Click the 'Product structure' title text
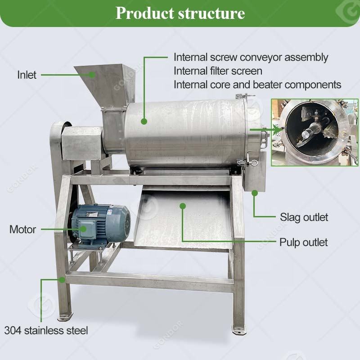(x=180, y=13)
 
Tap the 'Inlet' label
(x=27, y=75)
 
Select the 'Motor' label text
(x=22, y=229)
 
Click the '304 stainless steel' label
(x=46, y=330)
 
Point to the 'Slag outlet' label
(x=304, y=217)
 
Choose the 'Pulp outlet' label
(x=304, y=243)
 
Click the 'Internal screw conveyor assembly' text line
(x=251, y=58)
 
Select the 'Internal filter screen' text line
(x=218, y=71)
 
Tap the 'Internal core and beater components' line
(x=257, y=85)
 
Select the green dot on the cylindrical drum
(x=144, y=121)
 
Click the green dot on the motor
(x=84, y=229)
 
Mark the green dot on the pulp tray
(x=183, y=206)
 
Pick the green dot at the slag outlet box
(x=255, y=193)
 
